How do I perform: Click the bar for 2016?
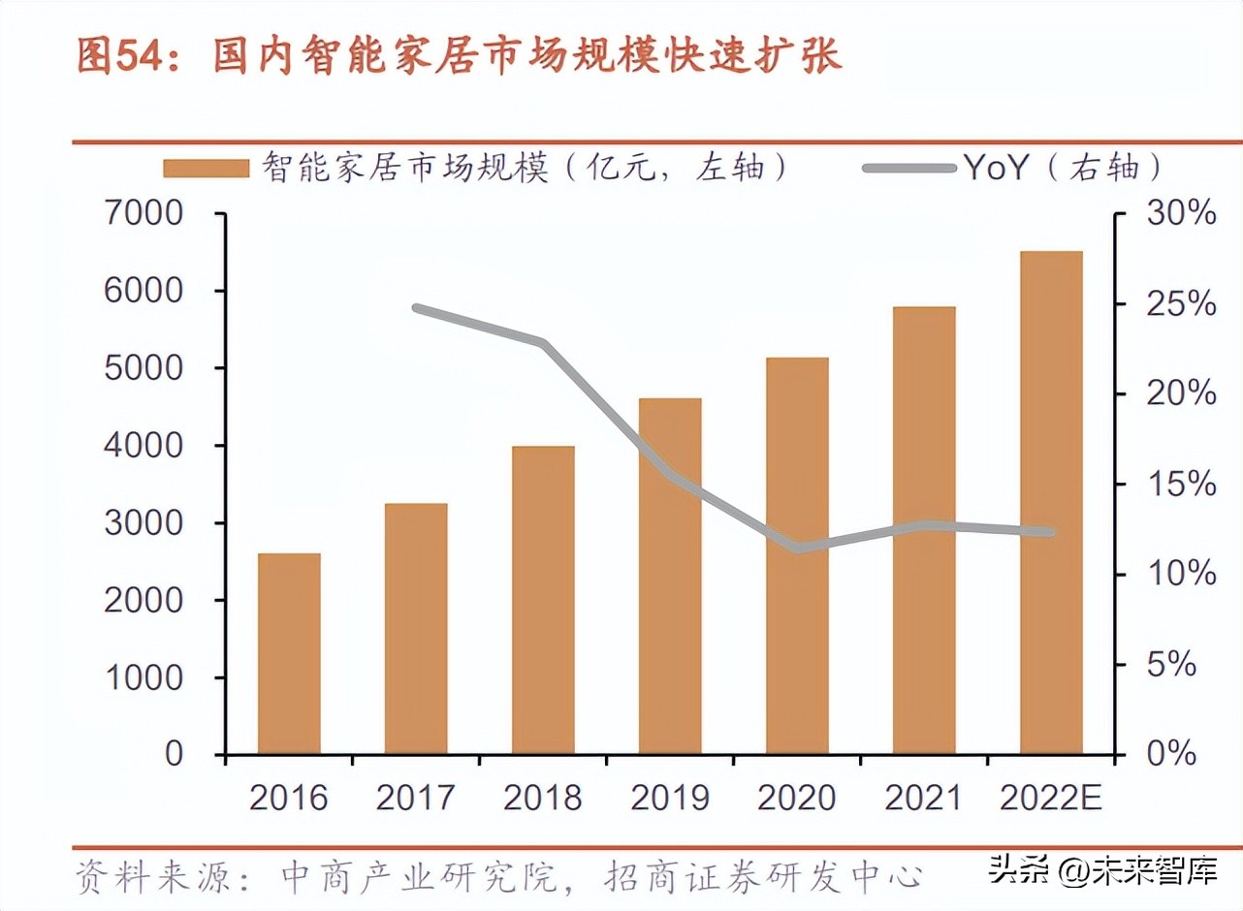click(x=289, y=653)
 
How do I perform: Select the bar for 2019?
click(x=670, y=576)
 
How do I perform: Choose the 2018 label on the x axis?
click(x=542, y=798)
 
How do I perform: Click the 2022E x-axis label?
click(x=1051, y=798)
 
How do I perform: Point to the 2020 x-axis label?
click(x=797, y=798)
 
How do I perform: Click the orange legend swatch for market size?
click(x=206, y=169)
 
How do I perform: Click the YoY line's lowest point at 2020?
click(x=797, y=549)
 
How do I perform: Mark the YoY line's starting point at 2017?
click(x=416, y=308)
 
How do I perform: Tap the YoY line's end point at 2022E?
click(x=1051, y=532)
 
